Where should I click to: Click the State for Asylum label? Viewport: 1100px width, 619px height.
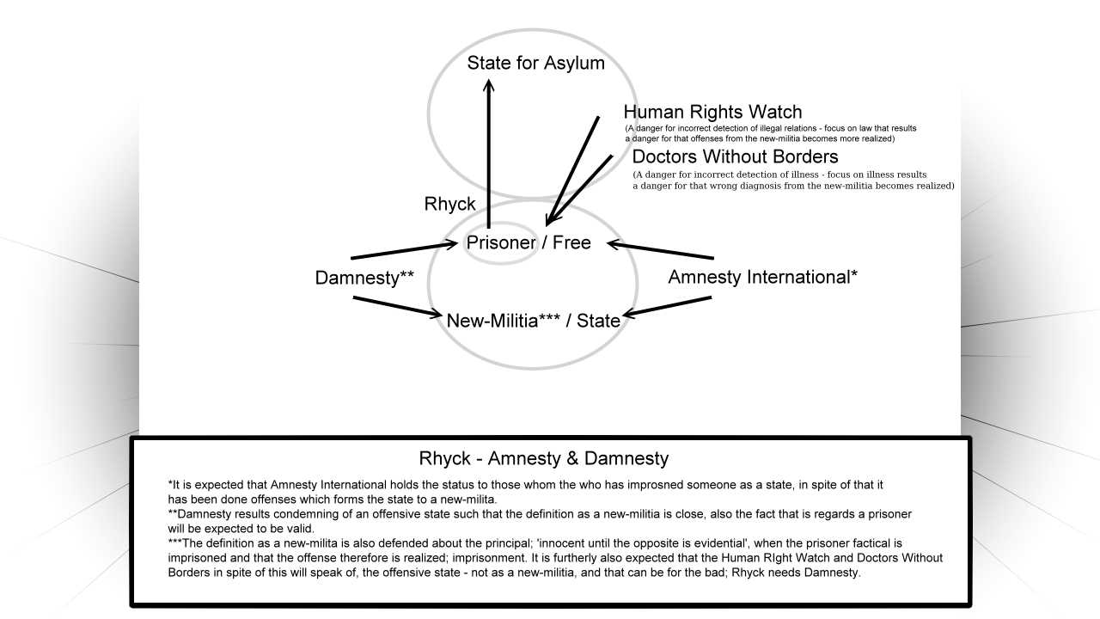(535, 63)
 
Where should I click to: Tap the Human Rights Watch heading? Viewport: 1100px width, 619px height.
(712, 112)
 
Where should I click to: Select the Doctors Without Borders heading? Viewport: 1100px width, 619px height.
(735, 156)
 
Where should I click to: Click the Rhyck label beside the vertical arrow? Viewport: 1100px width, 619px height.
(449, 204)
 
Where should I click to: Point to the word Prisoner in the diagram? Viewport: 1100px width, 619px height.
(501, 242)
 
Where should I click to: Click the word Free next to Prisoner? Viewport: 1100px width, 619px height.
(571, 242)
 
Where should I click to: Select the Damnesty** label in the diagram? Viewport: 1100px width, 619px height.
(364, 278)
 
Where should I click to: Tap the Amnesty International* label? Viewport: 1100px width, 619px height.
(762, 277)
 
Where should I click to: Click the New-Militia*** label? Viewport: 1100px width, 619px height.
(504, 321)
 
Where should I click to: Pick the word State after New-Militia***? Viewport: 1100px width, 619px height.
(598, 321)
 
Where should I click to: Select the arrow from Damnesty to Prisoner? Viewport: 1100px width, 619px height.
(404, 250)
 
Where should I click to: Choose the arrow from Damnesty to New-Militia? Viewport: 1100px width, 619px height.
(397, 307)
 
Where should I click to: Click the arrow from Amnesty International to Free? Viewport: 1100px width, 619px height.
(661, 249)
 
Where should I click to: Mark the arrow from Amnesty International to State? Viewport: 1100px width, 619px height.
(668, 307)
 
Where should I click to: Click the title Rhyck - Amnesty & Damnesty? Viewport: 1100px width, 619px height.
(544, 458)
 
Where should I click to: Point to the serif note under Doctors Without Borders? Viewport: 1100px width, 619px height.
(793, 181)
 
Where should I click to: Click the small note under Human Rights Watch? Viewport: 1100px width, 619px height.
(771, 133)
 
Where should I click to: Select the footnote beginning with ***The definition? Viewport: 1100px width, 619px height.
(555, 558)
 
